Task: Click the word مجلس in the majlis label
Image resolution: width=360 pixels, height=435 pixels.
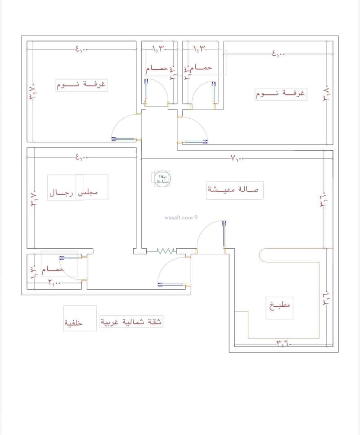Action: [x=88, y=193]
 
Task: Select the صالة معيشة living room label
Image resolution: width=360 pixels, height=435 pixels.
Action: [x=233, y=190]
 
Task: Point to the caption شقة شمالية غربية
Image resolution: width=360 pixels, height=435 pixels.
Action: [x=131, y=322]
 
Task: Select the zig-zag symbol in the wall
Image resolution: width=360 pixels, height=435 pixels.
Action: [x=165, y=251]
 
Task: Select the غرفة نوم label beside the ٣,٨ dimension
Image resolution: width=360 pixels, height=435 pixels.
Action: [x=280, y=94]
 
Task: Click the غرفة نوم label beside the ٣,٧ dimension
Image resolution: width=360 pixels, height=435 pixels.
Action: [x=81, y=84]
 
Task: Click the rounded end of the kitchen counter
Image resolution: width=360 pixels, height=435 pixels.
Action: [x=262, y=255]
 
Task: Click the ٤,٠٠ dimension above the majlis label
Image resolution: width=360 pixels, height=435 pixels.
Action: [x=82, y=157]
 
